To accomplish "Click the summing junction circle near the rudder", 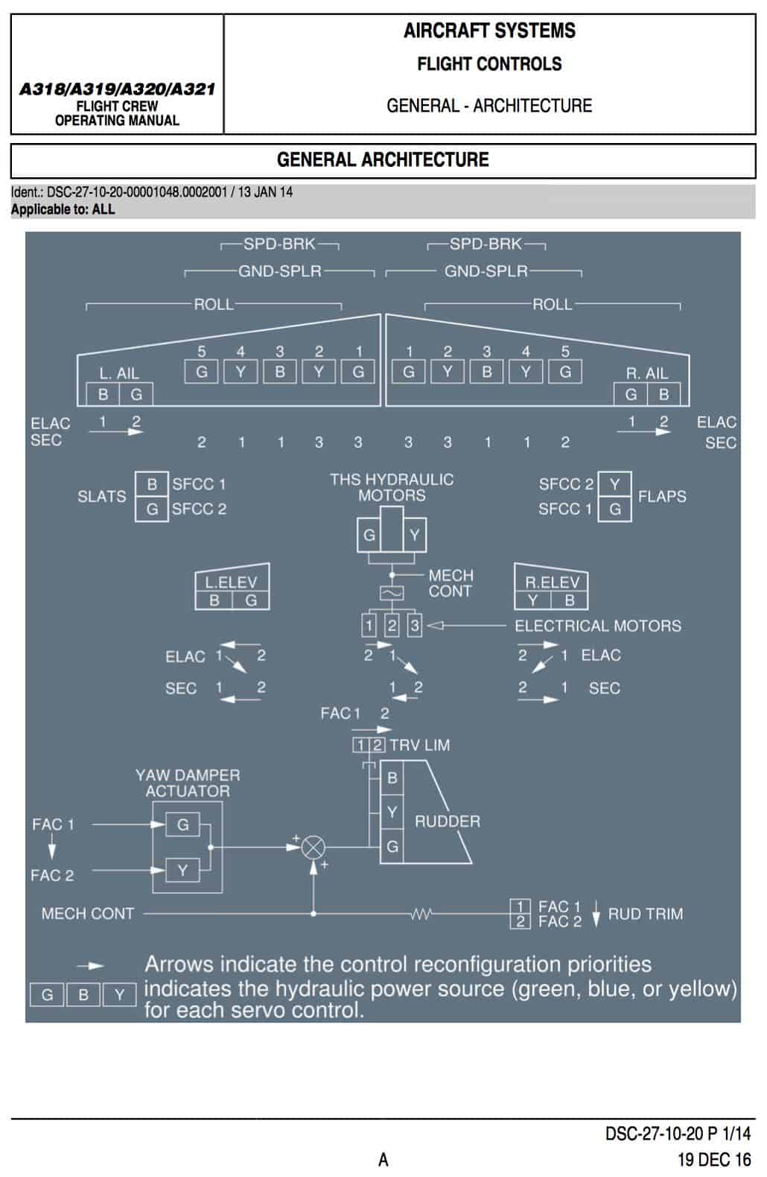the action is pos(313,847).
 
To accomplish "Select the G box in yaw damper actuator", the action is pos(182,824).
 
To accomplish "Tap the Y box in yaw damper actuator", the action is pos(182,870).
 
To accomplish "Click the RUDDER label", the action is pos(447,821).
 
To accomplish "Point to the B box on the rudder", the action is pos(392,778).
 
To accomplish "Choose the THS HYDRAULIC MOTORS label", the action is pos(392,487).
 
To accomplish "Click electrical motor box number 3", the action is pos(415,625).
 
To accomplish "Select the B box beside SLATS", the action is pos(152,484).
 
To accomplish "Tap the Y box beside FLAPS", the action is pos(614,484).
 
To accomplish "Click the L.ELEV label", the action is pos(231,583).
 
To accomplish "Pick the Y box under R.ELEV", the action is pos(532,600).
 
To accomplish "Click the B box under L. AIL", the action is pos(103,394).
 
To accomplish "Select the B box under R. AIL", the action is pos(664,394).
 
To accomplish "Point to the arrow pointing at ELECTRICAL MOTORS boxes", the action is pos(466,625).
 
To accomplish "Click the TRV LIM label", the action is pos(420,745).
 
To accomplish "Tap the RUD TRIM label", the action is pos(646,914).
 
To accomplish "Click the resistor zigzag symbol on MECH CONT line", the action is pos(421,914).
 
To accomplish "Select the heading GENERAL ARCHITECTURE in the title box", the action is pos(383,159).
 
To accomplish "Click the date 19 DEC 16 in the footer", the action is pos(714,1159).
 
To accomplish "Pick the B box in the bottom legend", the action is pos(83,994).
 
